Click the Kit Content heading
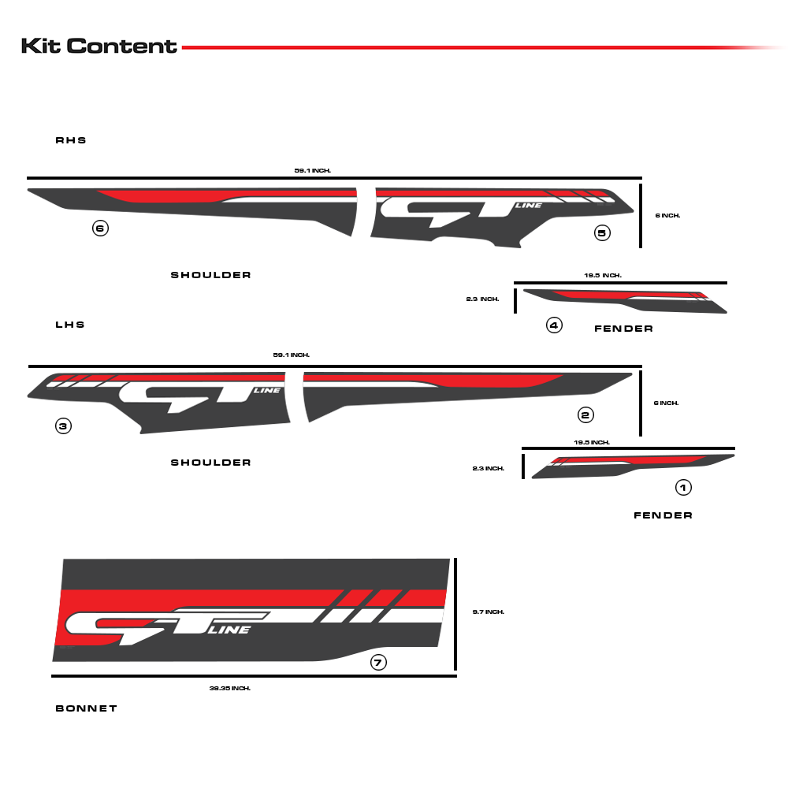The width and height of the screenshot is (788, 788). (x=99, y=46)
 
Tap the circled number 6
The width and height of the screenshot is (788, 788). (x=100, y=229)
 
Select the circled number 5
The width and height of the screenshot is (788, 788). (x=602, y=232)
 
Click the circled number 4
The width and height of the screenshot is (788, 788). (x=554, y=325)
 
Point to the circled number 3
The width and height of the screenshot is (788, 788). (x=64, y=426)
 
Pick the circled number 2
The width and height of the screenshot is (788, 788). (x=585, y=414)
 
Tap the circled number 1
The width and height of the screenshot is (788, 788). (x=684, y=488)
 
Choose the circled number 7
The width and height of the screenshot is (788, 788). (x=378, y=663)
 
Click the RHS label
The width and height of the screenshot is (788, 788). (x=71, y=140)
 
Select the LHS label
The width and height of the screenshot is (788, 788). (x=70, y=325)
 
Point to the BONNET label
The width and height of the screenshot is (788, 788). (x=87, y=708)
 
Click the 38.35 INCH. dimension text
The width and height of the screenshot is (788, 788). (x=230, y=688)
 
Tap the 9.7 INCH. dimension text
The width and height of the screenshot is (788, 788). (x=489, y=611)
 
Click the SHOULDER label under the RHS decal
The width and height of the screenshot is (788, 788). (x=211, y=275)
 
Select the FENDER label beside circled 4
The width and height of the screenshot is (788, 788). (x=623, y=329)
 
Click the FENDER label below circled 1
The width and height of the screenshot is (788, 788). (x=663, y=515)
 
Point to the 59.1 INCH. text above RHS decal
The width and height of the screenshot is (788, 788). (x=313, y=170)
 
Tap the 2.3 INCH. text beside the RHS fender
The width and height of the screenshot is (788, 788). (x=483, y=299)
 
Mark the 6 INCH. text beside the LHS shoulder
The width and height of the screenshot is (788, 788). (x=667, y=403)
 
